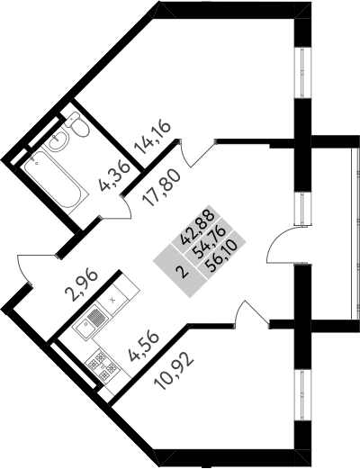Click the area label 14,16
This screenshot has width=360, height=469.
coord(153,137)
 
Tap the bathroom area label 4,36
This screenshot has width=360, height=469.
coord(115,176)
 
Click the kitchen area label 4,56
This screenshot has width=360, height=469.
coord(143,347)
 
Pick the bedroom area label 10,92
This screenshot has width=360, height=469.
coord(173,371)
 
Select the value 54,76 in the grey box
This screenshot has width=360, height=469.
coord(209,236)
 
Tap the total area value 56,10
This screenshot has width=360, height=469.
coord(220,248)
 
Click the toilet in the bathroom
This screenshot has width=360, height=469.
coord(76,125)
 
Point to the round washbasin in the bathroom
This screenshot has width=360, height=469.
coord(58,140)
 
